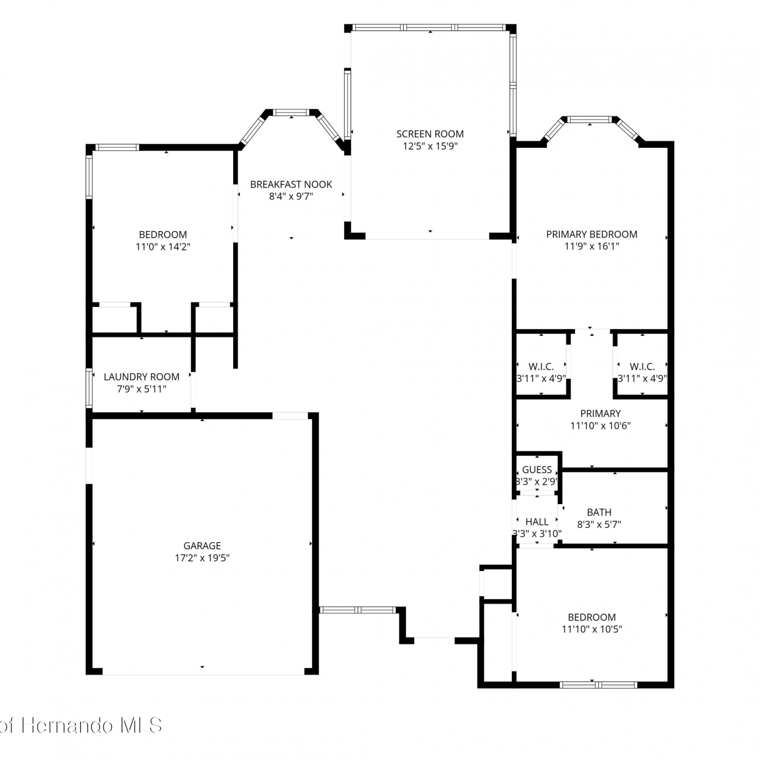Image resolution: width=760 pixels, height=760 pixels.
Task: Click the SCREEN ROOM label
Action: point(430,134)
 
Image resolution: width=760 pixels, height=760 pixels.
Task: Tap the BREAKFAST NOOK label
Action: point(291,184)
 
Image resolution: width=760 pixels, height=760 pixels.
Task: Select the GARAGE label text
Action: point(202,546)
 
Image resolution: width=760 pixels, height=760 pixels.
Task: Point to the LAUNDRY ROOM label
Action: point(141,377)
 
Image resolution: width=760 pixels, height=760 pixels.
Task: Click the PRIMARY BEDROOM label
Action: point(592,234)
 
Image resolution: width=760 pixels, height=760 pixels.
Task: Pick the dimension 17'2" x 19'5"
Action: point(202,558)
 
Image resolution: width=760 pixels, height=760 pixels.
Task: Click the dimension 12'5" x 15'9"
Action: point(430,146)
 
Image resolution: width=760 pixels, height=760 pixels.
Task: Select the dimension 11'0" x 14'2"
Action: point(163,247)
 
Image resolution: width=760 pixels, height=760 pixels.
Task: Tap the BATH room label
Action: point(599,512)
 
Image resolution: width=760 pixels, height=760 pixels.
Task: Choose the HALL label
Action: point(537,521)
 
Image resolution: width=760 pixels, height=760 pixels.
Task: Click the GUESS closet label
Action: point(537,470)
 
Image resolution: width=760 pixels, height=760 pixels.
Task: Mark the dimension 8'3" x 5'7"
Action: point(599,524)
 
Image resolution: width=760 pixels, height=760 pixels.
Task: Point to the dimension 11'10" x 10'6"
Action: point(600,426)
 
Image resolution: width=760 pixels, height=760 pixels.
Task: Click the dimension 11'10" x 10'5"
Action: point(592,629)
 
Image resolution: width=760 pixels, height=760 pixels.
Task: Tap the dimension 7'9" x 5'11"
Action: point(141,389)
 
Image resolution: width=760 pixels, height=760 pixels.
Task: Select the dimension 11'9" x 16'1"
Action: point(592,246)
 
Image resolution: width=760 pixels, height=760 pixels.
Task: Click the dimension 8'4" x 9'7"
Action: point(291,197)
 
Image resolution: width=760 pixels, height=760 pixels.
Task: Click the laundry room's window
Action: point(89,389)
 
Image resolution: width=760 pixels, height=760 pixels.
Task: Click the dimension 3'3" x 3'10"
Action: point(537,534)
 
